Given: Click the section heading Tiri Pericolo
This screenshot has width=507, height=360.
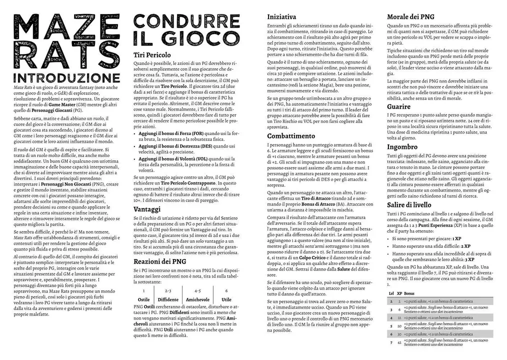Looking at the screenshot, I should [x=152, y=55].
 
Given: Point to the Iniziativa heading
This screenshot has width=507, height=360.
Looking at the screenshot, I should [x=281, y=16].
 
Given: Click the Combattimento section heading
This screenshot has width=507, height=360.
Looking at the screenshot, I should [x=291, y=136].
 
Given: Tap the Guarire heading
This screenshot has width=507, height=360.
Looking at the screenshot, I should [x=398, y=106].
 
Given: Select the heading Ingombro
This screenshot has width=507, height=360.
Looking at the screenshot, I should [x=402, y=147].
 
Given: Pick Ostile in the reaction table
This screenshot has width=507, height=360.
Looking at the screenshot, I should [x=143, y=299].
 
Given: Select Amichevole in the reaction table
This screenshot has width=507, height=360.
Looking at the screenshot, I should [x=198, y=299].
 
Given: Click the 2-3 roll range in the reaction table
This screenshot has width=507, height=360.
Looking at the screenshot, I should [x=168, y=290].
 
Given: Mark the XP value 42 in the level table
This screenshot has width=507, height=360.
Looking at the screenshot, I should [x=399, y=342].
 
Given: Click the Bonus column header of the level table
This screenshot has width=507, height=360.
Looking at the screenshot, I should [x=409, y=293].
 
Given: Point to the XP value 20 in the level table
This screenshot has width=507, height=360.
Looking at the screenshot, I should [x=399, y=326].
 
